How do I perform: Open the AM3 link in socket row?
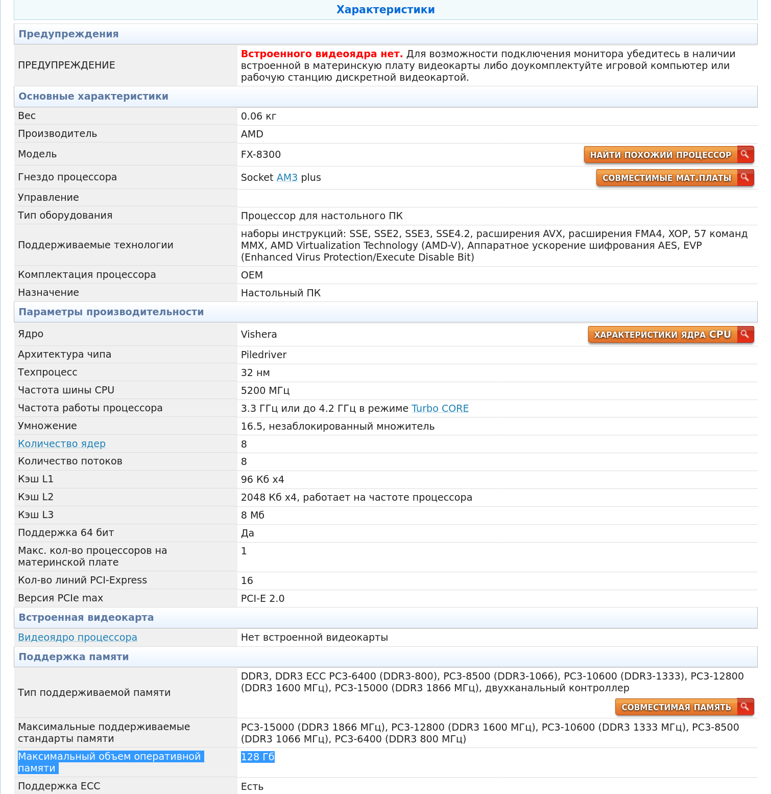pos(287,177)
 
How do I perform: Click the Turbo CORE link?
pos(440,408)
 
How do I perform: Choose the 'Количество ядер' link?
pos(62,443)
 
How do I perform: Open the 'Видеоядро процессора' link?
pos(78,637)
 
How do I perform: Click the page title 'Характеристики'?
pos(385,10)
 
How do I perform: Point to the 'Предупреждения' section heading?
pos(68,34)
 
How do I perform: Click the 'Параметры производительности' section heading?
pos(111,312)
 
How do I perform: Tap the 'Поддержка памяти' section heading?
pos(74,657)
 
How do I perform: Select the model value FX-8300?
pos(261,154)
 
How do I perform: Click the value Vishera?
pos(259,334)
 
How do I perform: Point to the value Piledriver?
pos(263,355)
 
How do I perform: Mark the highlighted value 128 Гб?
pos(258,757)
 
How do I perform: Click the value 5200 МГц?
pos(265,390)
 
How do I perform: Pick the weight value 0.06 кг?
pos(258,116)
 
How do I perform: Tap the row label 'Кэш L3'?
pos(36,515)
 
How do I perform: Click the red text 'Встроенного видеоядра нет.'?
pos(322,54)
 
